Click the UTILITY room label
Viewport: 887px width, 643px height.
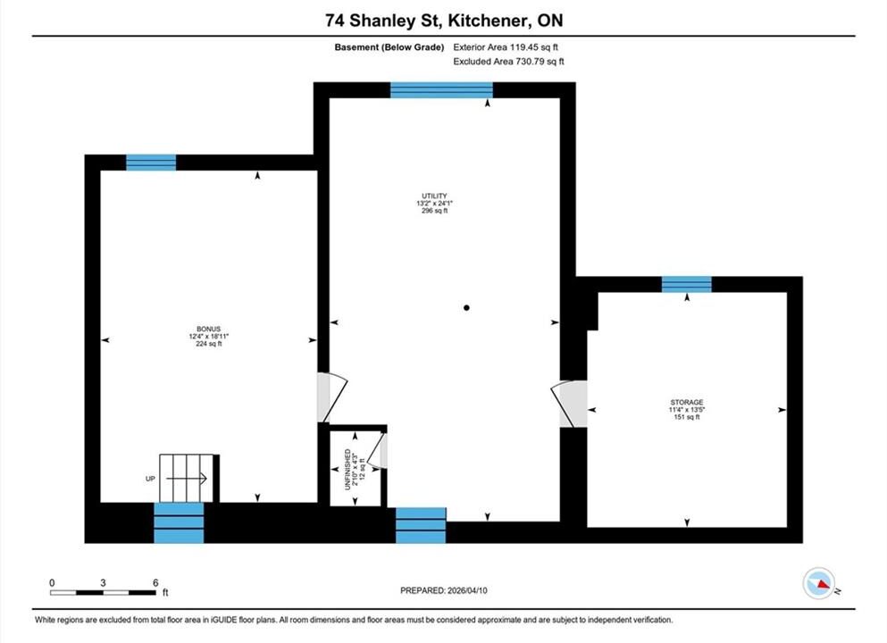pyautogui.click(x=434, y=196)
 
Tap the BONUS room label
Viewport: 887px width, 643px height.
pyautogui.click(x=209, y=329)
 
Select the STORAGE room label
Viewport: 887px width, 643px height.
pyautogui.click(x=687, y=402)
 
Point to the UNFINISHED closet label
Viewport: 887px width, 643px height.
pyautogui.click(x=347, y=470)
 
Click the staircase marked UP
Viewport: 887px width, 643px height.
pyautogui.click(x=186, y=478)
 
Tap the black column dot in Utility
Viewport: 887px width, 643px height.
pyautogui.click(x=466, y=307)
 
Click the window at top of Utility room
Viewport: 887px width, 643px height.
pyautogui.click(x=441, y=90)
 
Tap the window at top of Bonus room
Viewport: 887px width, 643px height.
pyautogui.click(x=150, y=163)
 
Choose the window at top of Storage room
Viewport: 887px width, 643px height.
pyautogui.click(x=687, y=284)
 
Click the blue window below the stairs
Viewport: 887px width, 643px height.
pyautogui.click(x=179, y=523)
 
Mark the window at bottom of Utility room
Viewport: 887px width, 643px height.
pyautogui.click(x=421, y=525)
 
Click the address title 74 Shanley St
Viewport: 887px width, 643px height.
pyautogui.click(x=385, y=21)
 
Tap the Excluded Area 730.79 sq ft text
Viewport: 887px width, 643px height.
pyautogui.click(x=508, y=61)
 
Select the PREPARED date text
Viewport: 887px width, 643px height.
pyautogui.click(x=443, y=590)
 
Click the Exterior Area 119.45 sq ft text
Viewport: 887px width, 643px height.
pyautogui.click(x=506, y=47)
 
